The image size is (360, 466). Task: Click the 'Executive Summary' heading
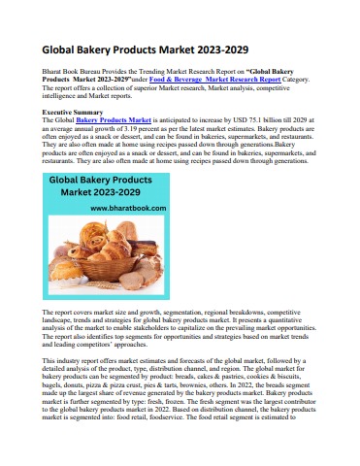click(72, 113)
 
